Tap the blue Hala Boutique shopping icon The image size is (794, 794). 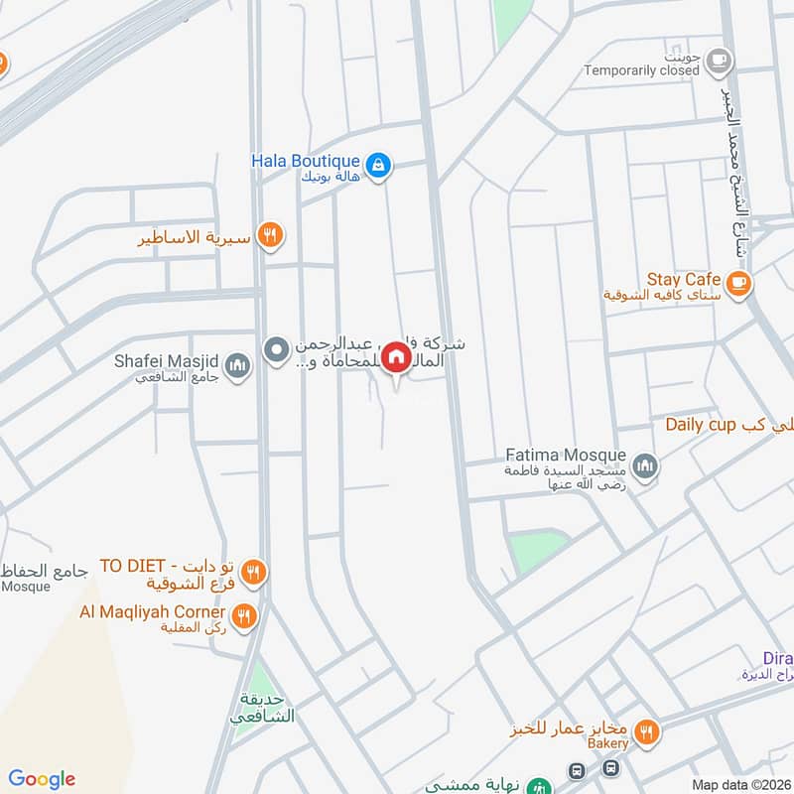[377, 166]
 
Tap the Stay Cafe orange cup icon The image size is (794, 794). [737, 285]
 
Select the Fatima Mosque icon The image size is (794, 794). [646, 464]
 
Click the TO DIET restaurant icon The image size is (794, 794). [253, 573]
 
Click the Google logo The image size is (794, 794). [42, 779]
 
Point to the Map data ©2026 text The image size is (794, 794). [739, 784]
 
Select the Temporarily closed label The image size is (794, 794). [641, 70]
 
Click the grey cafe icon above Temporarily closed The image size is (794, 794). [720, 61]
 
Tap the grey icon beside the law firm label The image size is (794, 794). [276, 348]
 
